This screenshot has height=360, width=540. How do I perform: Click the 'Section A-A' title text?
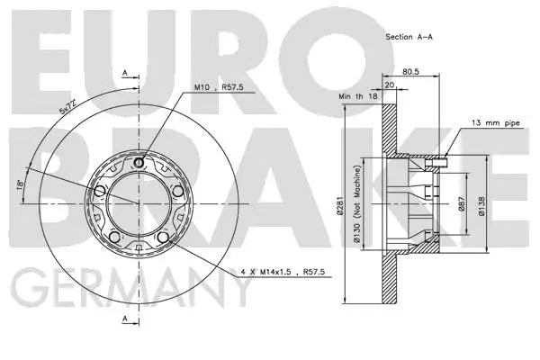(409, 37)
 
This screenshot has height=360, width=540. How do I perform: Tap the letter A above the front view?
(123, 70)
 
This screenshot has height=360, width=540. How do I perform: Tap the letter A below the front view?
(123, 319)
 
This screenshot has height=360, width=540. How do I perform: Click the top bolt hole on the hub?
(138, 163)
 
